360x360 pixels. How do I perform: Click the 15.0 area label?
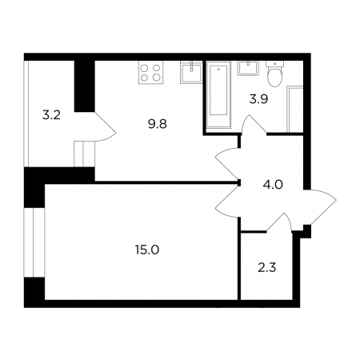[x=147, y=250]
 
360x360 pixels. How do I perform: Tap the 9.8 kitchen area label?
[x=158, y=124]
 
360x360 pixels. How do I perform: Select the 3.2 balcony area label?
[x=52, y=115]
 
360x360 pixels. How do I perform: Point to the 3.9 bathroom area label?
[x=258, y=99]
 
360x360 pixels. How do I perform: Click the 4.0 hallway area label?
[x=273, y=185]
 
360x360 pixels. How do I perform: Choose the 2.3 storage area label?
[x=267, y=268]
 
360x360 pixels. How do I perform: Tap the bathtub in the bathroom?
[x=218, y=94]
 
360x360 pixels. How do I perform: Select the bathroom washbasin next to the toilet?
[x=248, y=68]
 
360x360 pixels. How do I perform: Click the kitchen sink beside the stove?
[x=191, y=72]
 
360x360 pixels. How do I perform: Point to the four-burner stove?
[x=150, y=73]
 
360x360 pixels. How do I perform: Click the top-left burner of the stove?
[x=145, y=68]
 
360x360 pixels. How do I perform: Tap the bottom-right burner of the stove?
[x=157, y=78]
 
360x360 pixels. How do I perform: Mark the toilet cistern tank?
[x=275, y=64]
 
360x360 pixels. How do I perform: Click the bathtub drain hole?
[x=218, y=69]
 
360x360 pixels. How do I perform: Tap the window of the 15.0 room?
[x=34, y=242]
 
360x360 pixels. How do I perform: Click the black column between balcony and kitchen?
[x=85, y=86]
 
